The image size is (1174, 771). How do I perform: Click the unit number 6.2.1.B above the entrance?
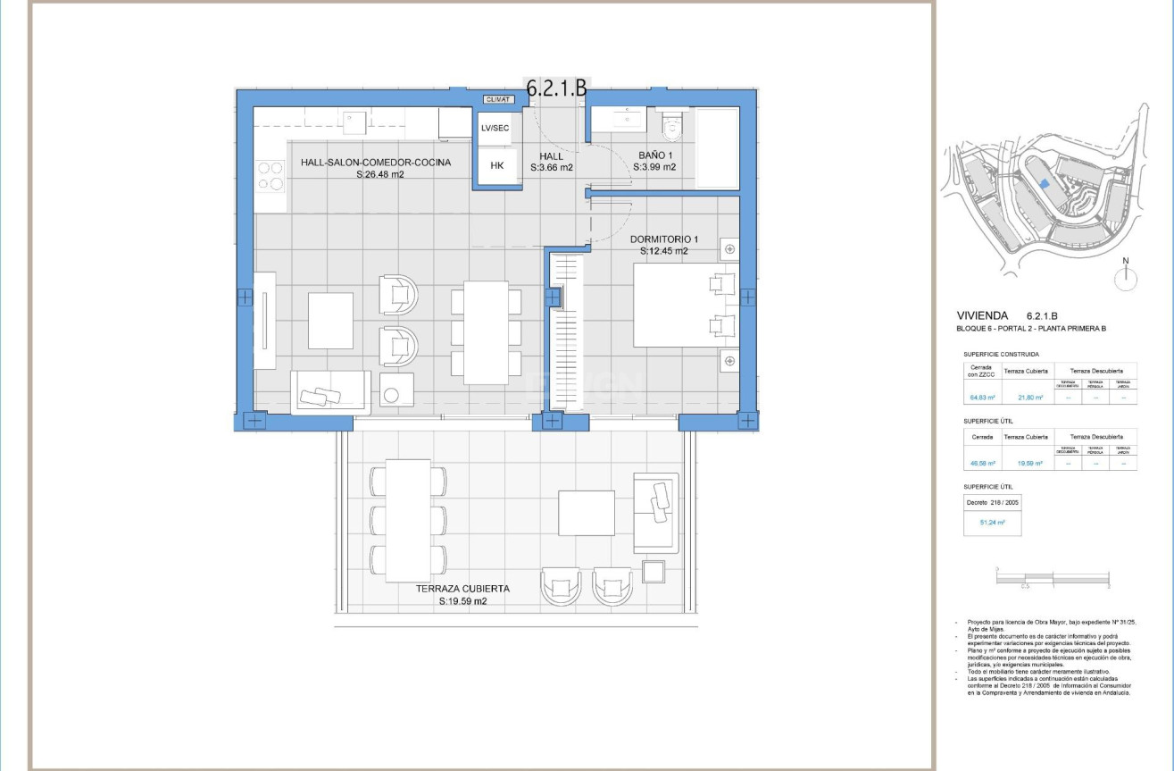(x=556, y=88)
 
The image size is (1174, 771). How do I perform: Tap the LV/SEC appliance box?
(x=495, y=128)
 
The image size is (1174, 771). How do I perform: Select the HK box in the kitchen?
(x=497, y=165)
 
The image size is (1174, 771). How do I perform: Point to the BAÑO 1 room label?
(x=654, y=155)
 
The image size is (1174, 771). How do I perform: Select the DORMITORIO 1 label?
(x=663, y=239)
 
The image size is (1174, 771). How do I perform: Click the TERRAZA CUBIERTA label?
(x=462, y=589)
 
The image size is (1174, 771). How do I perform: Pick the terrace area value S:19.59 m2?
(x=462, y=602)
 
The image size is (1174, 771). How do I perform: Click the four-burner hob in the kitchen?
(x=271, y=175)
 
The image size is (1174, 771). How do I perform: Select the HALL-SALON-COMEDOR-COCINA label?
(x=375, y=163)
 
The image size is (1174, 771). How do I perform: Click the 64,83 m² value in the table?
(x=982, y=398)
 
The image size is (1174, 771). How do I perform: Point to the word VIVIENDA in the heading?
(x=982, y=315)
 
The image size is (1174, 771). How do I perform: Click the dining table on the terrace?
(x=408, y=519)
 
